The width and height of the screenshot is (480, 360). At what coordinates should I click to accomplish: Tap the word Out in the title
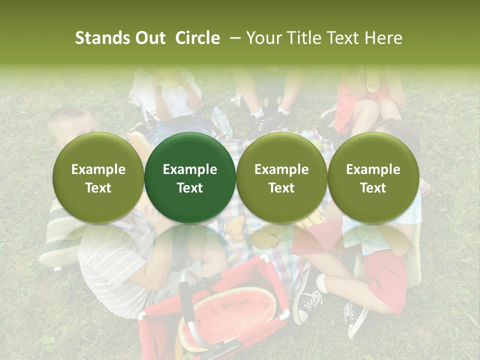point(149,38)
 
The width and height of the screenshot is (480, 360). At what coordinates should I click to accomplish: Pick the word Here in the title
point(383,38)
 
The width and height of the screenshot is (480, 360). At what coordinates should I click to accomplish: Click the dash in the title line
point(233,38)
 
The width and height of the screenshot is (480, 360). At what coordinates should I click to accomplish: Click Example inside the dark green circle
point(190,169)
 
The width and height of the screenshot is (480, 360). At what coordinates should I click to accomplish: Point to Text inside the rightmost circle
point(373,188)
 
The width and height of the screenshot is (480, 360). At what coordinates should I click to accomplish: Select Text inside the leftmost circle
point(98,188)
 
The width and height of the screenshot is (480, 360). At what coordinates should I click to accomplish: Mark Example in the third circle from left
point(281,169)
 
